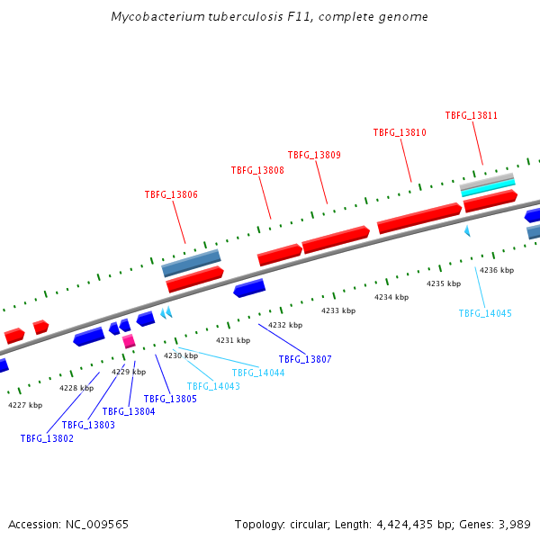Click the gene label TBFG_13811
[472, 115]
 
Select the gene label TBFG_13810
[400, 132]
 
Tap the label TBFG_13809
[314, 155]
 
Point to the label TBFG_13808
[257, 170]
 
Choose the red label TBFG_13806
[171, 194]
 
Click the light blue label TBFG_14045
[485, 313]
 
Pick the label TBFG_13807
[305, 359]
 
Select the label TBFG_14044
[258, 373]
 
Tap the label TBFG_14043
[213, 386]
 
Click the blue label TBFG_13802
[47, 438]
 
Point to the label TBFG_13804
[129, 411]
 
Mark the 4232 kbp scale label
[285, 325]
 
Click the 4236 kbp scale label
[497, 270]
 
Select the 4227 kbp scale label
[25, 405]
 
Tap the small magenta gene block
[129, 341]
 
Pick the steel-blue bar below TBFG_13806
[192, 263]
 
